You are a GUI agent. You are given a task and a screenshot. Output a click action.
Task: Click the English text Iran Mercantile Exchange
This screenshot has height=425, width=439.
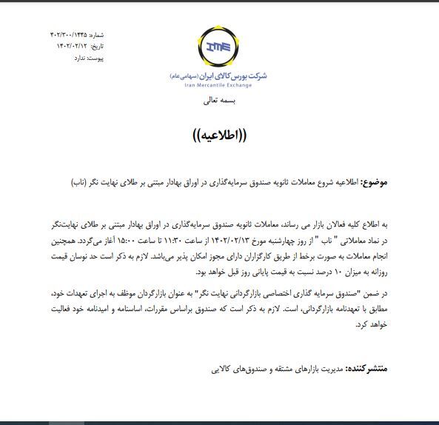click(218, 85)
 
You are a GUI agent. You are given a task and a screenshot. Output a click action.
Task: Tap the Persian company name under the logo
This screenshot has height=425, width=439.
click(218, 76)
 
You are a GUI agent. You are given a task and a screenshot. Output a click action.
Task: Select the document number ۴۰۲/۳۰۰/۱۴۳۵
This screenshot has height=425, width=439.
click(68, 35)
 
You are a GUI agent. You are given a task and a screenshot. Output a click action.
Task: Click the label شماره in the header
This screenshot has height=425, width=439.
click(97, 35)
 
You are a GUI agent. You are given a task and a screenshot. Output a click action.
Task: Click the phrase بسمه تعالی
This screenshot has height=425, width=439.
click(218, 101)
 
